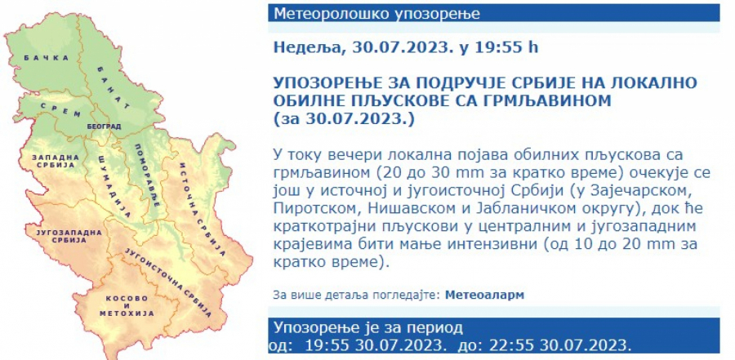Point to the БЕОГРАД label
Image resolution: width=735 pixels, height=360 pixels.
click(103, 127)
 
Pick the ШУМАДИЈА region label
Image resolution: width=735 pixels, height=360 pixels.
click(114, 185)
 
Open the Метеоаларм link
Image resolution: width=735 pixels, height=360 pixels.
click(485, 294)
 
